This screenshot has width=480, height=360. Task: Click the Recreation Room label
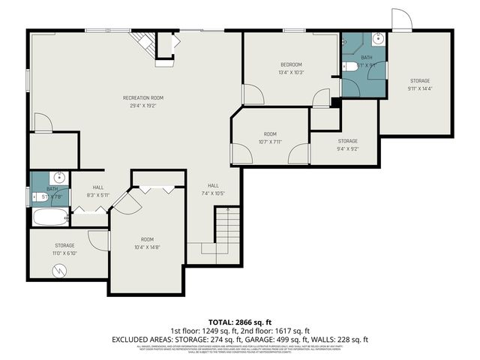(x=143, y=97)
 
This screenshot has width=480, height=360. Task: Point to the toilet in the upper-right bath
(x=351, y=67)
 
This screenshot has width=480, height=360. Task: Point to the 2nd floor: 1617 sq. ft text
(x=278, y=330)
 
